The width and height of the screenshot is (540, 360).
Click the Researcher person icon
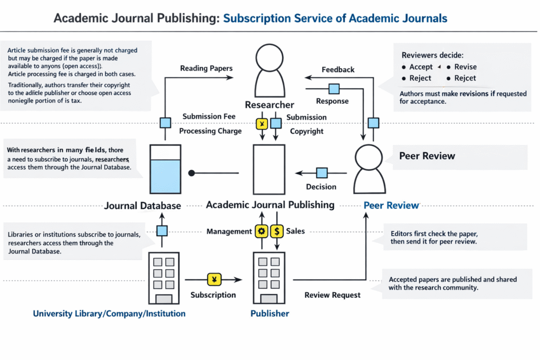[270, 71]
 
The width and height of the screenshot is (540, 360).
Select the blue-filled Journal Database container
[166, 169]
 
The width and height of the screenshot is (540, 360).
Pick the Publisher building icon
[269, 277]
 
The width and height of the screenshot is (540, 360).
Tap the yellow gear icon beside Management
[261, 231]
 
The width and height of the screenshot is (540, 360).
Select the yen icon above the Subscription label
[214, 279]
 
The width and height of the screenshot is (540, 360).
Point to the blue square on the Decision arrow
[321, 173]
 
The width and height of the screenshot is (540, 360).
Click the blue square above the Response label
[333, 89]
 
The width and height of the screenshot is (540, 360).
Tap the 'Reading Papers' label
[206, 69]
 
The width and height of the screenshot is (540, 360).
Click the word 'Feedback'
[338, 70]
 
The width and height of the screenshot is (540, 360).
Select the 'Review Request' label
[332, 295]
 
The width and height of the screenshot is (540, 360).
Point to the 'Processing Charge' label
[210, 131]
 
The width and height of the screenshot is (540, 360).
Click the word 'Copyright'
[306, 131]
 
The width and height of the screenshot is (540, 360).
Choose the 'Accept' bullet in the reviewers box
[421, 67]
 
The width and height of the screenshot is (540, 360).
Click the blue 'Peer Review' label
[391, 206]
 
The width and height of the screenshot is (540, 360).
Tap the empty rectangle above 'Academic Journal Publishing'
[269, 169]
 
